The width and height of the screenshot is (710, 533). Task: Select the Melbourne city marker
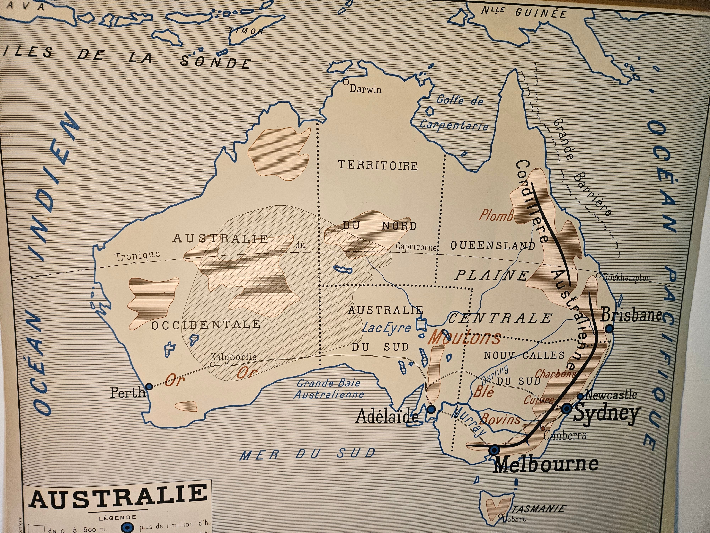click(x=494, y=450)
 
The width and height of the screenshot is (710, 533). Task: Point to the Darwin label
click(x=366, y=89)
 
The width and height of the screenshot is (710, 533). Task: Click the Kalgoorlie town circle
click(x=212, y=364)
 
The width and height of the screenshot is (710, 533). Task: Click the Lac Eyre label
click(x=386, y=328)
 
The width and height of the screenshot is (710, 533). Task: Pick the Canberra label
click(x=565, y=436)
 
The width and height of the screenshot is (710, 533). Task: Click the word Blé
click(x=483, y=391)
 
